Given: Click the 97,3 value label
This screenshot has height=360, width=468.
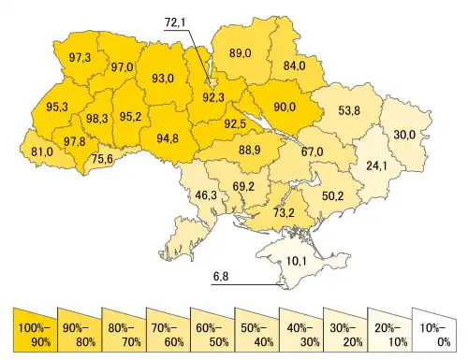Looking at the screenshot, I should point(80,58).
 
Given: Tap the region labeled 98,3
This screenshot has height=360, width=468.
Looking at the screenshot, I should point(95,120).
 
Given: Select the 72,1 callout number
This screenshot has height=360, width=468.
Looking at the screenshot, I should point(178,22).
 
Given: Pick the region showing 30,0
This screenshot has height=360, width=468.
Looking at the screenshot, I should point(404,135).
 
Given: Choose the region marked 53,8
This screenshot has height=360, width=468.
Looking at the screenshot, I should point(348,111).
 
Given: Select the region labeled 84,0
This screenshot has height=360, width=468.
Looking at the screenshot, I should point(294,66).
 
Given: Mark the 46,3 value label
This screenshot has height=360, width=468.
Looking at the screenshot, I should point(205,195).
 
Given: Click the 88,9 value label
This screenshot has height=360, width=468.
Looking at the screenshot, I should point(250,151).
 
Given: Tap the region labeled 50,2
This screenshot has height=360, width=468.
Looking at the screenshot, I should point(333,195).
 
